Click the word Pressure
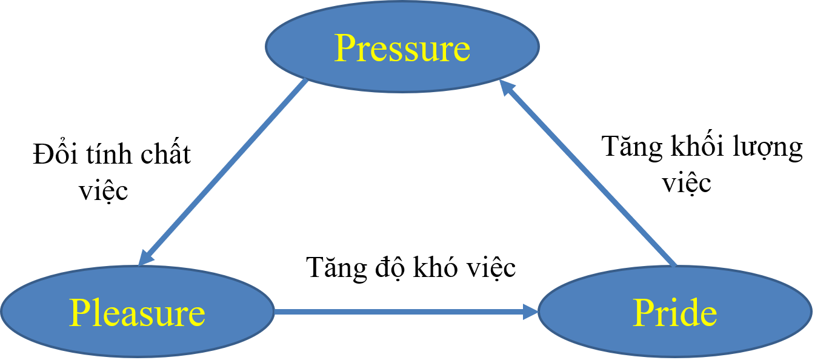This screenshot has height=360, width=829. coord(402,48)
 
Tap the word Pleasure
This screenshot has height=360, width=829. coord(137,313)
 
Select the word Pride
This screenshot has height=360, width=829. coord(674,313)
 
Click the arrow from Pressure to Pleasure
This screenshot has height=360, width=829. coord(224,172)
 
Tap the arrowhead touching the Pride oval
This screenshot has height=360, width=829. coord(531,312)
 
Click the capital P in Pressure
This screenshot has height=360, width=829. coord(344,48)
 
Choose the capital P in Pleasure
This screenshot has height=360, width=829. coord(79,313)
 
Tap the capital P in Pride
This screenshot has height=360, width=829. coord(643,313)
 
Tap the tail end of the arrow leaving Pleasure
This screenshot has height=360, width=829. coord(276,312)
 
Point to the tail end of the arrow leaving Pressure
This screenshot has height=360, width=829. coord(306,81)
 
